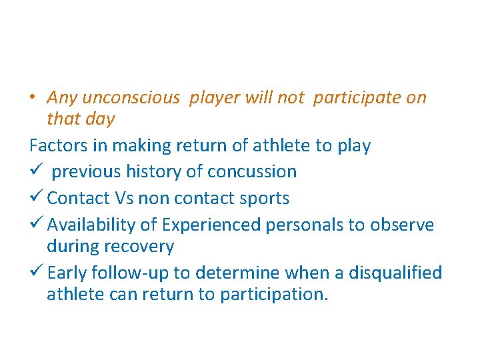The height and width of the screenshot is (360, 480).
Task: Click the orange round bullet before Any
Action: pos(33,98)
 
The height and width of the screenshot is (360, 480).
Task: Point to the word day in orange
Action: pos(101,119)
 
